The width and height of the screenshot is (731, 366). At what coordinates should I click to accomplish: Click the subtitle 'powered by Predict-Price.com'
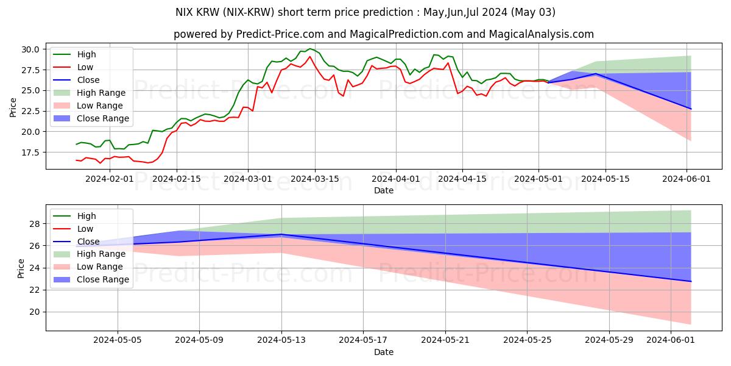(383, 35)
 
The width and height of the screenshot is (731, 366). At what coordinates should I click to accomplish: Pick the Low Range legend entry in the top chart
(101, 106)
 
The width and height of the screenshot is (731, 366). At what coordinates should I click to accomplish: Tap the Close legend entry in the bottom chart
(88, 242)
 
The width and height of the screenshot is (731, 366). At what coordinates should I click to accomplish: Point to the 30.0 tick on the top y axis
(30, 49)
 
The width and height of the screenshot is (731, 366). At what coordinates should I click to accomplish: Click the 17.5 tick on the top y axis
(30, 152)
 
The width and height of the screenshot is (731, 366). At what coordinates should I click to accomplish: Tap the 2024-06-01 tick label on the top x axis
(687, 179)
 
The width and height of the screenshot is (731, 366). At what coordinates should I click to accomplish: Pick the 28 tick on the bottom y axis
(35, 224)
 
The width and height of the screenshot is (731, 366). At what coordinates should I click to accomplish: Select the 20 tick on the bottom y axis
(35, 312)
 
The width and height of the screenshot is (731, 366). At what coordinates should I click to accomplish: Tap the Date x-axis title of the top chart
(383, 190)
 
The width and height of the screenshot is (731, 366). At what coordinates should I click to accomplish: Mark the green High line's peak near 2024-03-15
(310, 49)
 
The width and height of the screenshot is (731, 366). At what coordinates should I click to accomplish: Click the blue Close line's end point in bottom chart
(691, 281)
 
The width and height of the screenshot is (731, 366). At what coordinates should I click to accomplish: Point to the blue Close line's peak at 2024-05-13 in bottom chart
(281, 234)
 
